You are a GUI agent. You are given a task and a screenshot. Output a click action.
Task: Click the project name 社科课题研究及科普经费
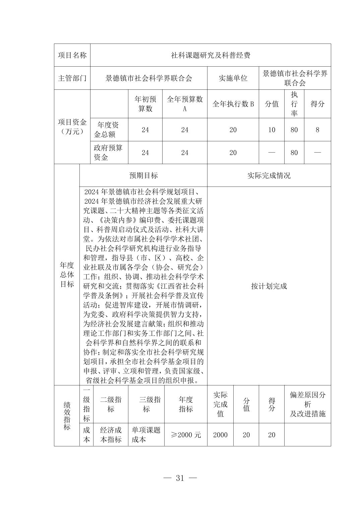coord(211,55)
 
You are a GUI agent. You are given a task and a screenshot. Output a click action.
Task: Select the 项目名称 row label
coord(72,55)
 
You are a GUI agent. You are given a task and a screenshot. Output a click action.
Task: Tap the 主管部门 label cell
coord(72,78)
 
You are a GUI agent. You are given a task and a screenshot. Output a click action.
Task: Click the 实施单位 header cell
coord(233,78)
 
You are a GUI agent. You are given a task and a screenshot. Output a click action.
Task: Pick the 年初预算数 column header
coord(145,104)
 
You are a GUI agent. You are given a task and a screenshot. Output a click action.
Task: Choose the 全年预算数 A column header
coord(185,104)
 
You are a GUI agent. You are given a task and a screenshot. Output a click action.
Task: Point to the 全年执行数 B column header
coord(233,104)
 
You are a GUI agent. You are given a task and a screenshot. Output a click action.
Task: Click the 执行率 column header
coord(294,104)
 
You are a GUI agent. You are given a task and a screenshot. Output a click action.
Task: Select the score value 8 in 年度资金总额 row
coord(317,130)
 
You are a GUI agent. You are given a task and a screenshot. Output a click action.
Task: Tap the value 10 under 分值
coord(272,130)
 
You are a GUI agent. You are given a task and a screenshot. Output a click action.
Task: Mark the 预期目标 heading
coord(143,175)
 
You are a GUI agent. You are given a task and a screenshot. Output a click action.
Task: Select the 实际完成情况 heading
coord(269,175)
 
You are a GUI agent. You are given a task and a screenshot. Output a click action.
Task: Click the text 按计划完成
coord(269,286)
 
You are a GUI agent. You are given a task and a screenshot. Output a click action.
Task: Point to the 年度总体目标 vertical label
coord(67,275)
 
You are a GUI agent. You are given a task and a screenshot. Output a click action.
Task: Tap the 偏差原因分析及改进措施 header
coord(307,404)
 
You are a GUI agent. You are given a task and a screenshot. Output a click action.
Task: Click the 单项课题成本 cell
coord(146,435)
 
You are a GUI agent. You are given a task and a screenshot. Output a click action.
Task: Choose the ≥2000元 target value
coord(186,435)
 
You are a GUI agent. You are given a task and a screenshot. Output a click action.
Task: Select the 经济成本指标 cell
coord(111,435)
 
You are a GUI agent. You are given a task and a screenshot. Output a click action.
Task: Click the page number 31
coord(180,478)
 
